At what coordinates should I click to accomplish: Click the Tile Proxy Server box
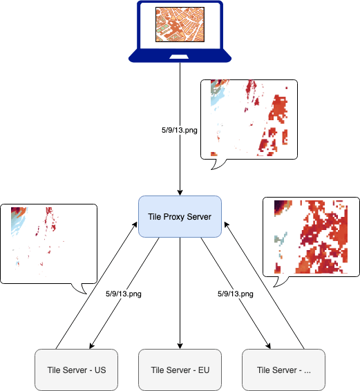click(180, 216)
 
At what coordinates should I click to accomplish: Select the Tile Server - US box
click(76, 370)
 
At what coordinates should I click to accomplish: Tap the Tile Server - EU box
click(180, 370)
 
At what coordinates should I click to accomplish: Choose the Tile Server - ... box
click(284, 370)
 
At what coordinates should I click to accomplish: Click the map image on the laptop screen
click(180, 24)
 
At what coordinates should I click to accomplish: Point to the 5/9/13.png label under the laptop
click(180, 130)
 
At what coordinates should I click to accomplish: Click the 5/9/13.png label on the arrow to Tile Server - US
click(124, 294)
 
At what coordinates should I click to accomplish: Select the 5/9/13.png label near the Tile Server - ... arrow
click(236, 294)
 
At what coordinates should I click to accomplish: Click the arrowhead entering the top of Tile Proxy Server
click(180, 193)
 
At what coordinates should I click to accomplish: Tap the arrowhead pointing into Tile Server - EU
click(180, 346)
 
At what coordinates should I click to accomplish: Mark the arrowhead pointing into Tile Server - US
click(92, 346)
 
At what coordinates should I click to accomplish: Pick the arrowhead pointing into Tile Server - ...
click(268, 346)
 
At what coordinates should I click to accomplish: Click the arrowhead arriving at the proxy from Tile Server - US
click(135, 225)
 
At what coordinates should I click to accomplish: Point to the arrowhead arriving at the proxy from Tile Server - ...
click(226, 225)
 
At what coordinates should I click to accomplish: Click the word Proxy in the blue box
click(174, 217)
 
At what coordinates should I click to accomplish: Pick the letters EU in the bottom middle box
click(204, 370)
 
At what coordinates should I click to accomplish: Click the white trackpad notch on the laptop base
click(179, 57)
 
